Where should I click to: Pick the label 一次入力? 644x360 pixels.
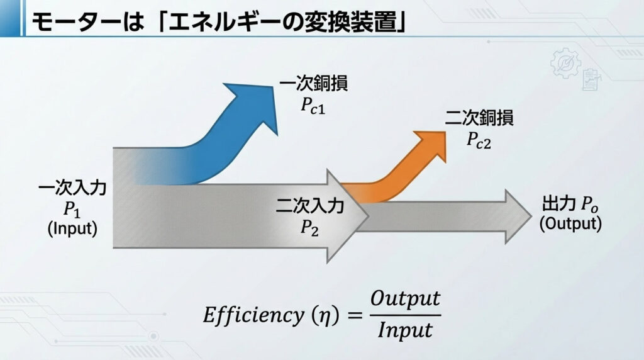pos(73,188)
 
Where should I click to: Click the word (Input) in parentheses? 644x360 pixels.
pos(73,228)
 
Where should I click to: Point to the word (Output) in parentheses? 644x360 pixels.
pos(571,223)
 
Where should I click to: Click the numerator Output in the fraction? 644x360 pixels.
pos(405,298)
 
